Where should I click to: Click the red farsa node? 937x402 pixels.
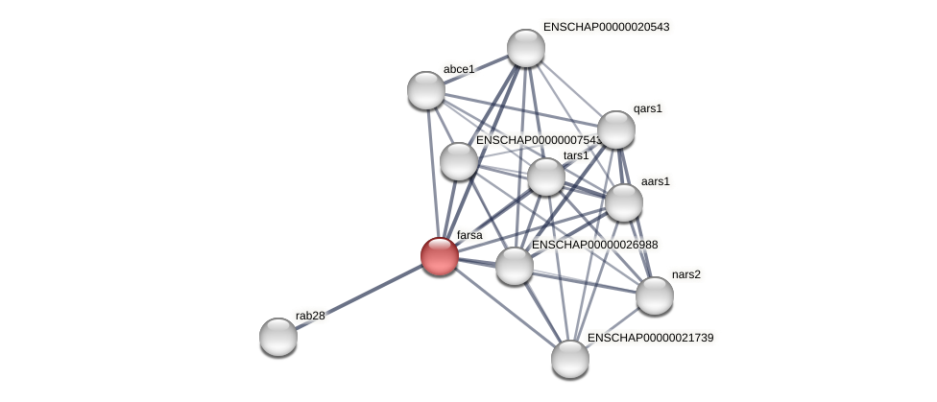click(440, 256)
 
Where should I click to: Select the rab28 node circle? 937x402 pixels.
click(278, 337)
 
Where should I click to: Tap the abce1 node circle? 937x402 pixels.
click(426, 90)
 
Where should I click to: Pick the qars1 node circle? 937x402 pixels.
click(616, 130)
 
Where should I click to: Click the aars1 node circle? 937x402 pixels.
click(624, 202)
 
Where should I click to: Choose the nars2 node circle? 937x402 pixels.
click(655, 296)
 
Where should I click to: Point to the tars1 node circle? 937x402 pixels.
click(546, 177)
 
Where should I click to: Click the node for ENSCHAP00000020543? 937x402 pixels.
click(526, 48)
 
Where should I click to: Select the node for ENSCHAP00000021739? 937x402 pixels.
click(570, 359)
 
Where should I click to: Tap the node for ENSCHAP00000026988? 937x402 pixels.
click(515, 266)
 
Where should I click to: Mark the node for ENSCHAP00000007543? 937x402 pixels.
click(459, 161)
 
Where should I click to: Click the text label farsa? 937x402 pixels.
click(469, 235)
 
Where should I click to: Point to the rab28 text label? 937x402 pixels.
click(310, 316)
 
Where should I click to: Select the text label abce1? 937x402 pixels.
click(459, 69)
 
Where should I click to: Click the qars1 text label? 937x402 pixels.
click(648, 108)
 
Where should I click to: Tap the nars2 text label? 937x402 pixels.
click(685, 274)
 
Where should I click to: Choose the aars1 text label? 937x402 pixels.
click(656, 181)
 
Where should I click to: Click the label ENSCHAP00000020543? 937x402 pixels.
click(606, 27)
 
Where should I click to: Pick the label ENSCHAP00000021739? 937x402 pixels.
click(650, 338)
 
